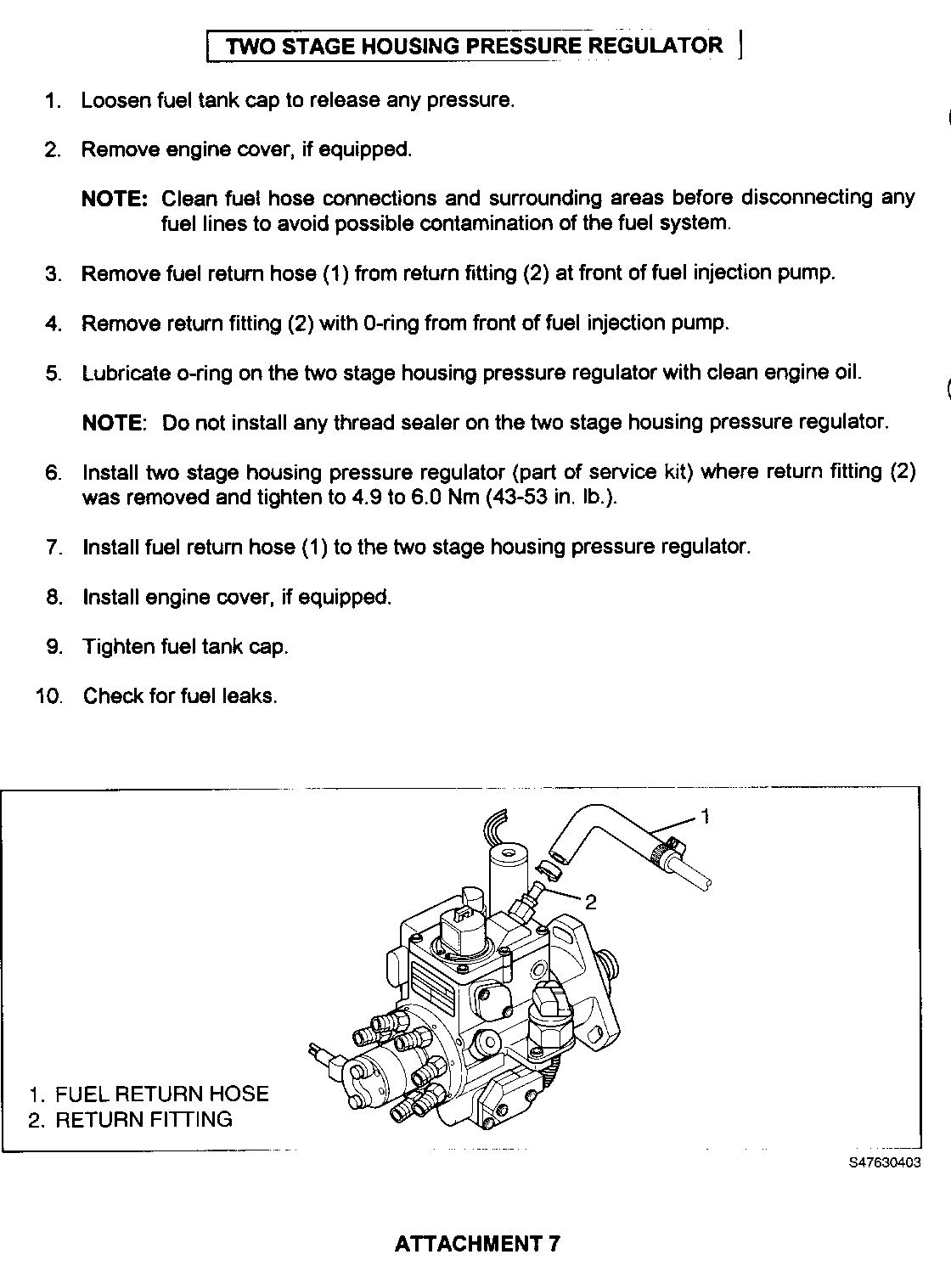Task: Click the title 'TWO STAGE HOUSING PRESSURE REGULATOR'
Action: pyautogui.click(x=475, y=46)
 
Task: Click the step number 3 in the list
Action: pyautogui.click(x=53, y=274)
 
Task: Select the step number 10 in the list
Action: pyautogui.click(x=49, y=697)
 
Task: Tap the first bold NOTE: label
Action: pyautogui.click(x=115, y=200)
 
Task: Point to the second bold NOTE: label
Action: pyautogui.click(x=115, y=423)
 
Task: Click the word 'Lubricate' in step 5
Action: pyautogui.click(x=126, y=374)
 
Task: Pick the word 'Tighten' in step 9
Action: pyautogui.click(x=115, y=647)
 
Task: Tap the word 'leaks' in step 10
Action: pyautogui.click(x=249, y=697)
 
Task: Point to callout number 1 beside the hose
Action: pyautogui.click(x=704, y=817)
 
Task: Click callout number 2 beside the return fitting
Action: pyautogui.click(x=591, y=903)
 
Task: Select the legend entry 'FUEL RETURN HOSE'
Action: pyautogui.click(x=161, y=1094)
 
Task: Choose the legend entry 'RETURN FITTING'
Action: pyautogui.click(x=143, y=1119)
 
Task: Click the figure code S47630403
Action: pyautogui.click(x=884, y=1164)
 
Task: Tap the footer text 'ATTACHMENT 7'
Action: pyautogui.click(x=477, y=1244)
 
